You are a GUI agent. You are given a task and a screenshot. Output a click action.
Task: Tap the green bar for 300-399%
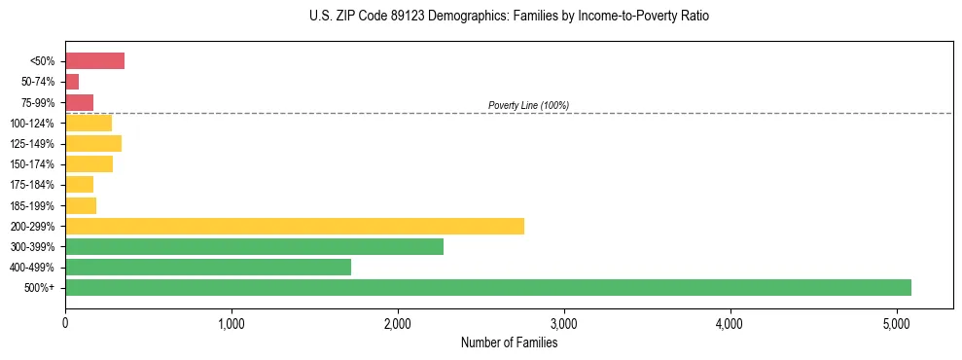click(254, 246)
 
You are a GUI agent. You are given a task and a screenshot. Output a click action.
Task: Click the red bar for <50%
click(94, 61)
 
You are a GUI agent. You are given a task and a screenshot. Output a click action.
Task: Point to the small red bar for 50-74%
click(72, 82)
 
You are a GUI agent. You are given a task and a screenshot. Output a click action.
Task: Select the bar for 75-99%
click(79, 102)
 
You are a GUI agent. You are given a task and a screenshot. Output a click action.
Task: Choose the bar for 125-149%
click(93, 144)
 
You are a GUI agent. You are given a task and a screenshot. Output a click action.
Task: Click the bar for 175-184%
click(79, 185)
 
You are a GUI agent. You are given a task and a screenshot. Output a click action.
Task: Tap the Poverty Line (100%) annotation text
click(528, 105)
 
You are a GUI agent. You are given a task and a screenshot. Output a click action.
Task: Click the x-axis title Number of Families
click(509, 342)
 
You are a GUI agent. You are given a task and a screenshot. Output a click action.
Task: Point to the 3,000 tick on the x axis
click(563, 323)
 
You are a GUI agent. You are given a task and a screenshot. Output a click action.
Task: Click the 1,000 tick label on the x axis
click(232, 323)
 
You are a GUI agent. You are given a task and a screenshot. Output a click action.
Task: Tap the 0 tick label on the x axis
click(65, 323)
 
